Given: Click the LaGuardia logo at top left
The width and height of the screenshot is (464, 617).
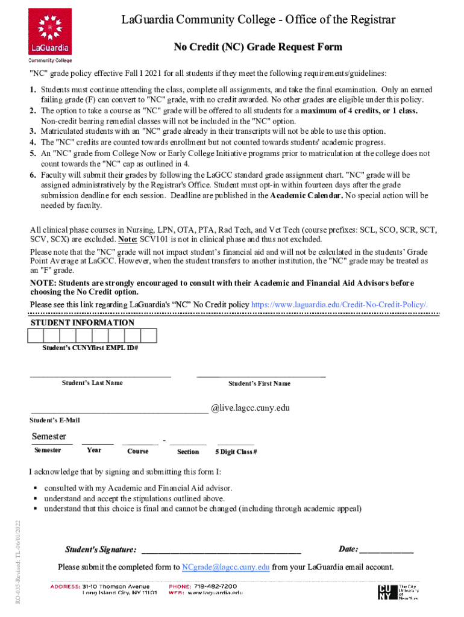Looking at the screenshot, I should click(x=49, y=35).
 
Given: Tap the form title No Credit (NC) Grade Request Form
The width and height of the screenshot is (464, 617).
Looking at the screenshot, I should click(x=258, y=47).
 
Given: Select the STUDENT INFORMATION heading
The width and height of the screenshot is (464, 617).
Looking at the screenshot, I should click(x=83, y=323).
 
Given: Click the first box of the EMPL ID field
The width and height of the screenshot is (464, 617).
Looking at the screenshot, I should click(x=37, y=336).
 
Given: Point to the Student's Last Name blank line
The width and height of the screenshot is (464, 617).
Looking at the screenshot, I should click(x=101, y=376).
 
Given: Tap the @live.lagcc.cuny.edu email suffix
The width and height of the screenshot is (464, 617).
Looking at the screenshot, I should click(x=250, y=408).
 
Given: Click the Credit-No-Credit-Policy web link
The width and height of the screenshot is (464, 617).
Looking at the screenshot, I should click(x=339, y=305).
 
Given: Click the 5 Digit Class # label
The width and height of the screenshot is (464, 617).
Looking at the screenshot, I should click(x=236, y=451).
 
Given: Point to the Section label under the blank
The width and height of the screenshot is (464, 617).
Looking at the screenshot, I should click(x=188, y=451).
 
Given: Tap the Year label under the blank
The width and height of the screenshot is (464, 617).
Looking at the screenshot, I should click(x=94, y=450).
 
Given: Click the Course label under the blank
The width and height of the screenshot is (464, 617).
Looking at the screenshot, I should click(x=138, y=451).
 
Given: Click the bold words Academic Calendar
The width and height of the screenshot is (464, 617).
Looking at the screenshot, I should click(x=307, y=196).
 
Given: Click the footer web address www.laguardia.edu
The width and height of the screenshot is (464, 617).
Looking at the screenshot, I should click(x=215, y=593).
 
